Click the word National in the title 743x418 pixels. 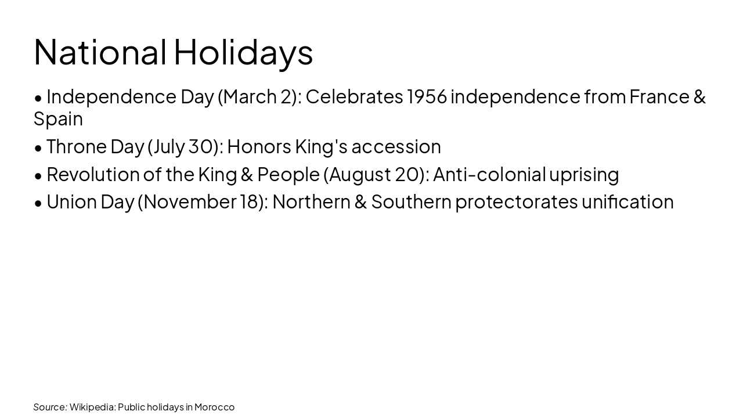tap(100, 52)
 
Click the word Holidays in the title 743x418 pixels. tap(243, 52)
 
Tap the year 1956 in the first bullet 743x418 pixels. tap(427, 96)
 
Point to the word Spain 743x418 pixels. tap(58, 119)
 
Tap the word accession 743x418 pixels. tap(396, 146)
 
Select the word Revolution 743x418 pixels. tap(93, 174)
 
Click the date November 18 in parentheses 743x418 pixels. tap(203, 201)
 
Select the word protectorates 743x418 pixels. tap(516, 201)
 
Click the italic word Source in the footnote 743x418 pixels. tap(49, 407)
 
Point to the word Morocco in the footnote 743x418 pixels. tap(214, 407)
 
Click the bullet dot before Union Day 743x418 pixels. tap(38, 203)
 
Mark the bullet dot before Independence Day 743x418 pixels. tap(38, 98)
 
